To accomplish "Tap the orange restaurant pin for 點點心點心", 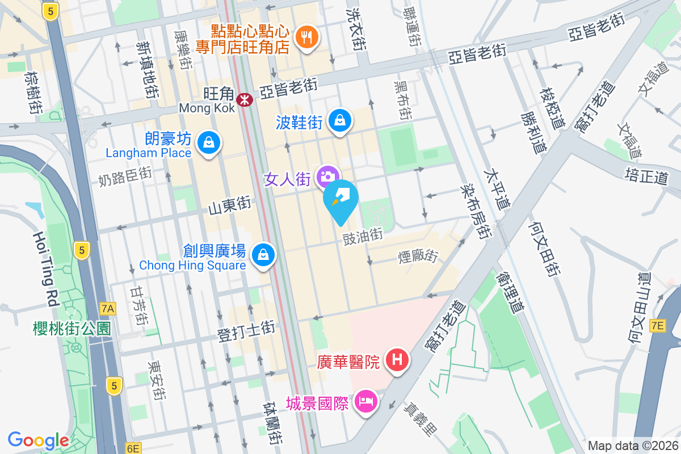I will coord(307,37).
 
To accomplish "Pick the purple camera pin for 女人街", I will coord(327,176).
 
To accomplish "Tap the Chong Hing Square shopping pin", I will coord(263,254).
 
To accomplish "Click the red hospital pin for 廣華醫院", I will coord(397,359).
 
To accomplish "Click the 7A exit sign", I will coord(108,309).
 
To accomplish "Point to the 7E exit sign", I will coord(657,325).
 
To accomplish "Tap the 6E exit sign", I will coord(133,448).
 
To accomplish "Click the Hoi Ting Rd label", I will coord(46,269).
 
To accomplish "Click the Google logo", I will coord(38,440).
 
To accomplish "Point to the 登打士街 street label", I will coord(247,330).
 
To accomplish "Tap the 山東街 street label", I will coord(229,205).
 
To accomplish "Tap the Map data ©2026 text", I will coord(632,446).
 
